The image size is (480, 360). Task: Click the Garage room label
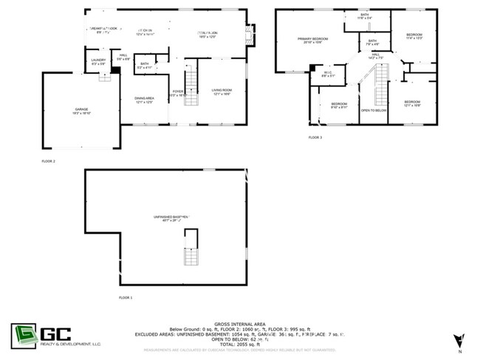80,110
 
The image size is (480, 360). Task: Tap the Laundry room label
98,62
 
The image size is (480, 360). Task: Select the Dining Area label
144,100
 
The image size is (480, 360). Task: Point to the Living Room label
222,91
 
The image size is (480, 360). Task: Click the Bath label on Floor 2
145,65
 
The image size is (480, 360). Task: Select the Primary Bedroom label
312,40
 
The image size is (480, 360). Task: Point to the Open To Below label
374,110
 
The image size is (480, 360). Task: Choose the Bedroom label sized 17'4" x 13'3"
414,36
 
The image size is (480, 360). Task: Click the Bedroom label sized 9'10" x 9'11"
339,105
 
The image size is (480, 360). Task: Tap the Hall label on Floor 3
376,56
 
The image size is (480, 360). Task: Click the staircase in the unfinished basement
191,248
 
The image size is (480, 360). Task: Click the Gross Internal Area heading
239,323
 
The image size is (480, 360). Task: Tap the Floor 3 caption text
315,138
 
